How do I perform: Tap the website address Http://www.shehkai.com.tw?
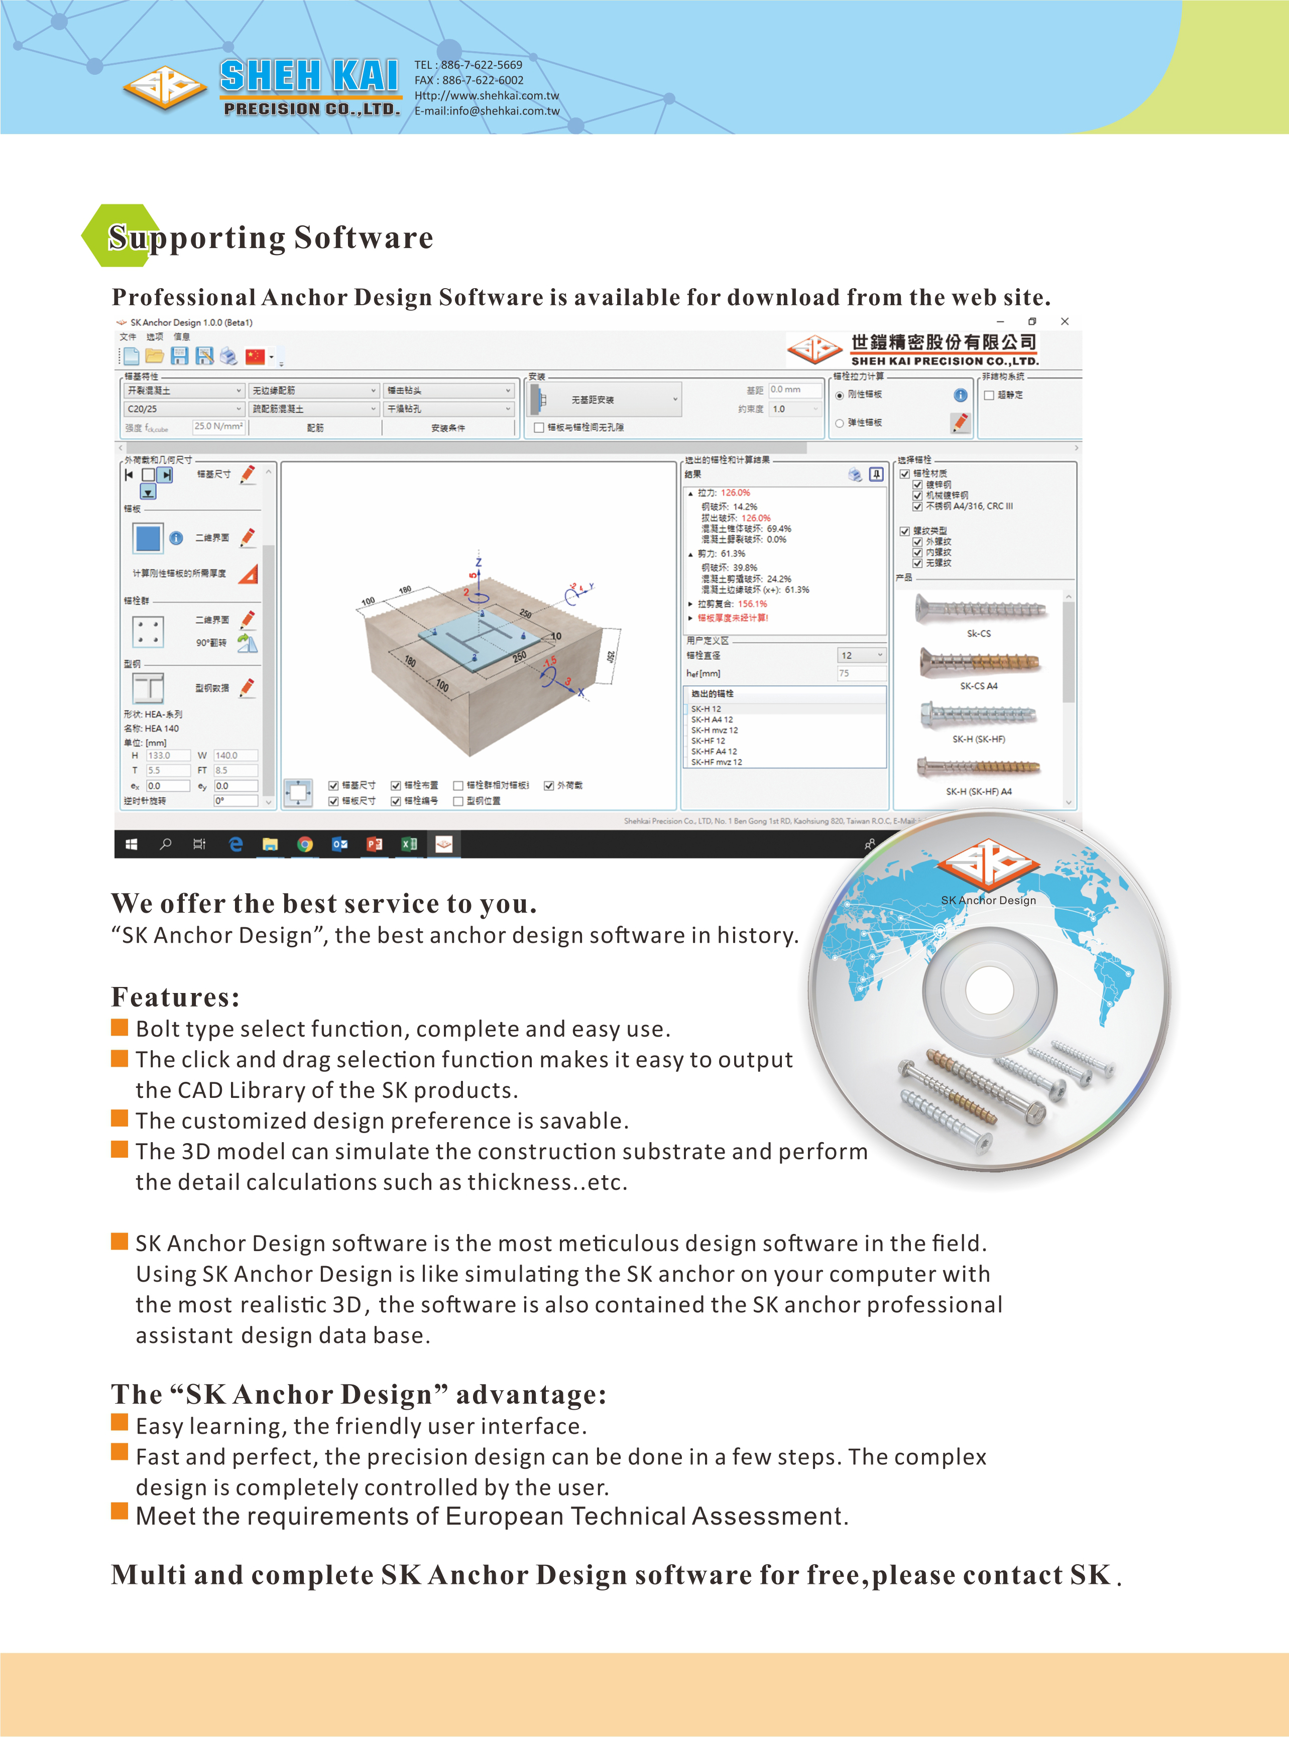(x=487, y=95)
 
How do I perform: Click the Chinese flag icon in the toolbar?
(x=255, y=356)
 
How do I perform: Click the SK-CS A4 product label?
(x=979, y=686)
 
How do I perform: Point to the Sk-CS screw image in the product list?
(x=980, y=609)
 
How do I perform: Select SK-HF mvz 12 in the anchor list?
(x=716, y=762)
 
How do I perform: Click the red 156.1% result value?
(x=752, y=604)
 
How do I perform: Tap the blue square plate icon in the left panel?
(x=148, y=537)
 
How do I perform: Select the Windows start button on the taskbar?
(x=131, y=844)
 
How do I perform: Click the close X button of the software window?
(x=1064, y=321)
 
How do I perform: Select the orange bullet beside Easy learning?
(x=120, y=1423)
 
